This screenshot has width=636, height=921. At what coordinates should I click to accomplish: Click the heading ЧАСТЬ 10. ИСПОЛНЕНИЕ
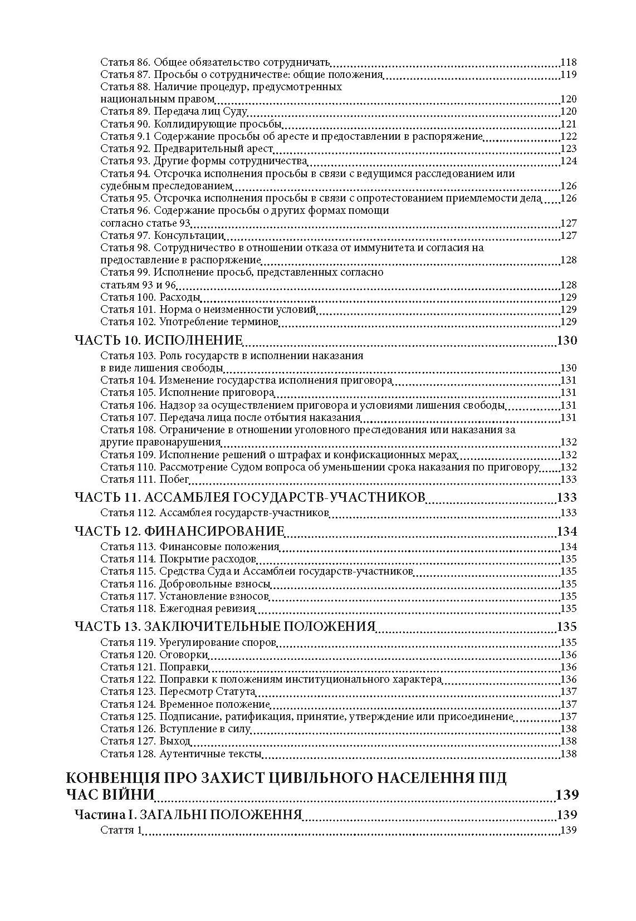(x=159, y=341)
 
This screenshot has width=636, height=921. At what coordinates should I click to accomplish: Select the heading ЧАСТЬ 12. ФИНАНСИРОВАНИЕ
(x=179, y=531)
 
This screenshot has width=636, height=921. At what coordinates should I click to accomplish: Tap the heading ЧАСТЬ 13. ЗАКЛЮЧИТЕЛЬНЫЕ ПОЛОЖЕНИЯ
(x=225, y=626)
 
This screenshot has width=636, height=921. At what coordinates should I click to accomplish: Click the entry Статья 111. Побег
(x=145, y=479)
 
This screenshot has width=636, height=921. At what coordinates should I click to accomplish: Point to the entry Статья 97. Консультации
(x=162, y=236)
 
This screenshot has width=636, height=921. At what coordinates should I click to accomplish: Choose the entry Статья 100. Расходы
(x=143, y=297)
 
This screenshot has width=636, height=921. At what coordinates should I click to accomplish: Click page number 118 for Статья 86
(x=568, y=62)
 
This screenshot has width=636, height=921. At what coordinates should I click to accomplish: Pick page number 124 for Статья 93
(x=568, y=161)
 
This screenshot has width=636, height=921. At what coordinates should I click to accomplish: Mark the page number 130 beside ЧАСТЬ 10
(x=566, y=341)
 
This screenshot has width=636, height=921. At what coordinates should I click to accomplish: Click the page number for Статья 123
(x=568, y=692)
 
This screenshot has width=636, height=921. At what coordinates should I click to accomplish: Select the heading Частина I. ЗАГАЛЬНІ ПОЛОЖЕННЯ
(x=188, y=815)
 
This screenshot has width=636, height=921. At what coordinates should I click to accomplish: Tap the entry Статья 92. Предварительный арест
(x=187, y=149)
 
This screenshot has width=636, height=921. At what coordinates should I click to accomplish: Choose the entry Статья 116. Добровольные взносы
(x=185, y=584)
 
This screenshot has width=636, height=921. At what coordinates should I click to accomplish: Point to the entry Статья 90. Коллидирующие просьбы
(x=191, y=124)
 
